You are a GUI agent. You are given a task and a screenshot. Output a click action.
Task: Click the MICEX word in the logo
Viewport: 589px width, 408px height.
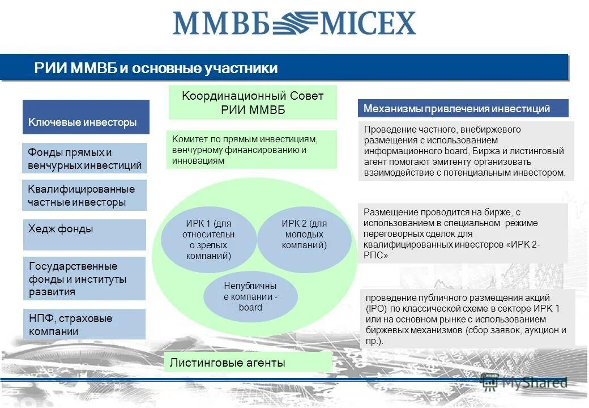[x=368, y=23]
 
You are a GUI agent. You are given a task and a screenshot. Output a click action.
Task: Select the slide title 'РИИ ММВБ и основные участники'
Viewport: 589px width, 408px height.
[x=156, y=69]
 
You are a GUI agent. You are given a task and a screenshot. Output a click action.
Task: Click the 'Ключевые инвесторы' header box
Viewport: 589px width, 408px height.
[x=86, y=117]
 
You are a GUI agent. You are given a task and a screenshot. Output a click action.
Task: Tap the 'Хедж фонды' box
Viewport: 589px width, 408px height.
[x=84, y=235]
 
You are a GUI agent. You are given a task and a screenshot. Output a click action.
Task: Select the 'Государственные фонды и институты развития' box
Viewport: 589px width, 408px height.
[x=84, y=279]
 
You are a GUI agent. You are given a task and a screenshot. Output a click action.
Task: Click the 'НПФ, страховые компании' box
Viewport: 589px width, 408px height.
[x=84, y=324]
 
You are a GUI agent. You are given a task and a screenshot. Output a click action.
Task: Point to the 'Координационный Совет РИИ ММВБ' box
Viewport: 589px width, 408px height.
[x=253, y=103]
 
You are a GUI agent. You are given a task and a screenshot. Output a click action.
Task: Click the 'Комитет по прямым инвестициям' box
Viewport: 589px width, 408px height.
[x=251, y=150]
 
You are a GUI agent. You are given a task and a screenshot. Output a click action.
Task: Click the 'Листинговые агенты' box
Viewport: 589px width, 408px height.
[x=248, y=362]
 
